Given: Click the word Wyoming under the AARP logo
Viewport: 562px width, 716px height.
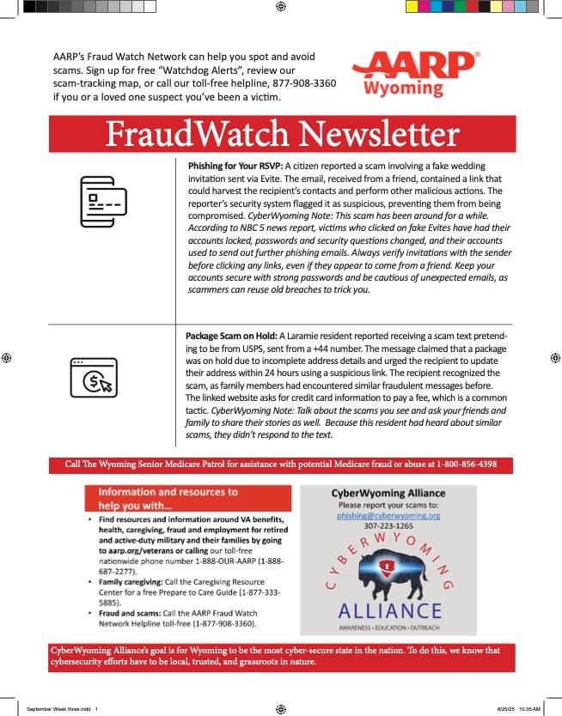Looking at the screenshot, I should (x=403, y=88).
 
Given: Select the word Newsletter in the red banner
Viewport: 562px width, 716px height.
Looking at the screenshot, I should (x=379, y=135).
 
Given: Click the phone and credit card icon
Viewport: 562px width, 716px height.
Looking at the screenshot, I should (x=102, y=201).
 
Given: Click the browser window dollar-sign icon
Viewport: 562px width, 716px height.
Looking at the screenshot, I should (x=93, y=378).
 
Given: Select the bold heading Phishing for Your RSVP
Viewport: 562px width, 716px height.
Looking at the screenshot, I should (x=234, y=165).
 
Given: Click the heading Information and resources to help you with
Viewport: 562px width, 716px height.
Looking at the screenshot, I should (x=168, y=498).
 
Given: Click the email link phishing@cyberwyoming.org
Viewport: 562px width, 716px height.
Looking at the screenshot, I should (x=388, y=516).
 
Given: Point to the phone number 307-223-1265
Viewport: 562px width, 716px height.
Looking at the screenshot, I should (x=388, y=526).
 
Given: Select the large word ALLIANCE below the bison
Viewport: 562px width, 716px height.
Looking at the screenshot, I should (x=388, y=610).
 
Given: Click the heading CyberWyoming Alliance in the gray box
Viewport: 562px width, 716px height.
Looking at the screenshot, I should (x=388, y=494).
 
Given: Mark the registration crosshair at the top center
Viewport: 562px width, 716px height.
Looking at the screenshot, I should (x=280, y=7).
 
